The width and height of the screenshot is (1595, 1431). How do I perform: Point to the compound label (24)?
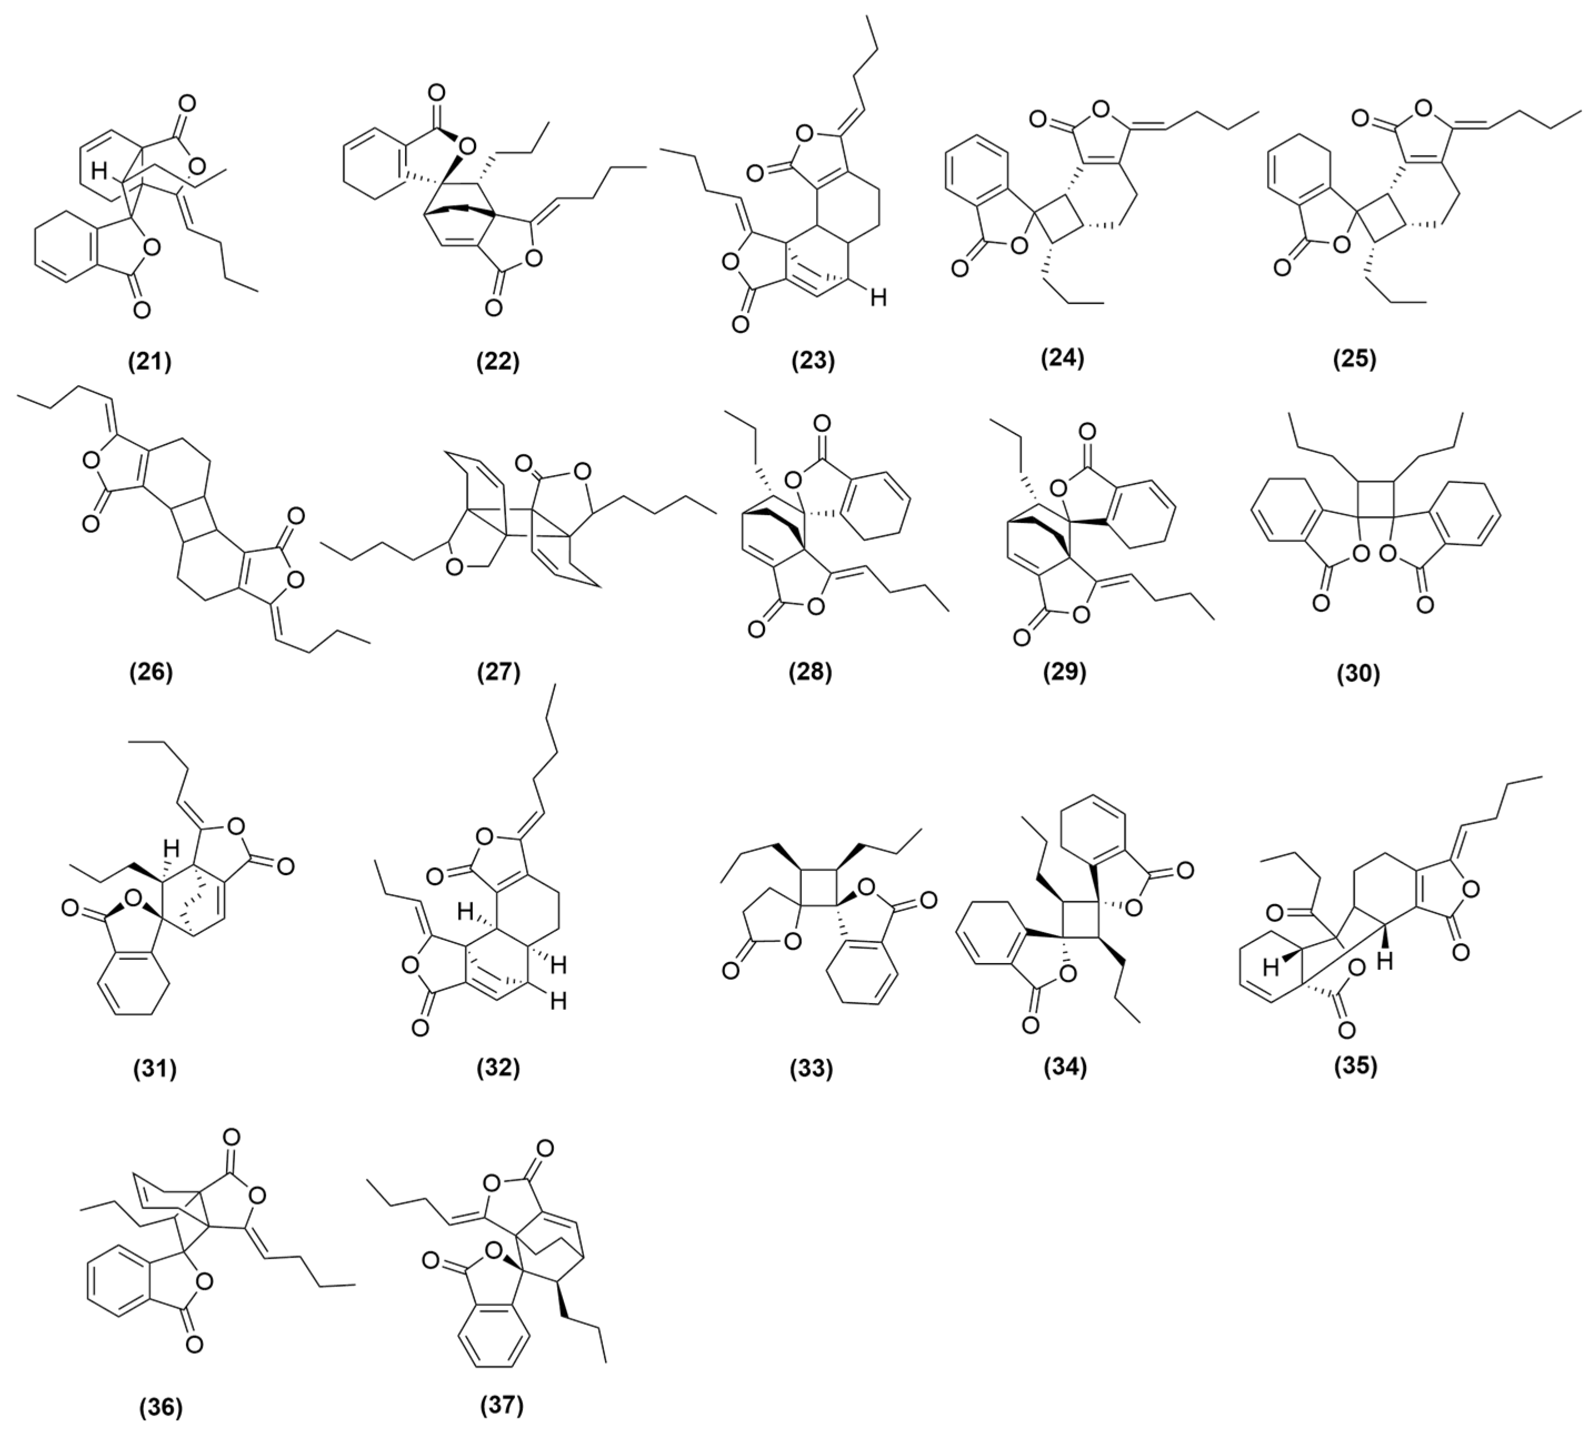1062,358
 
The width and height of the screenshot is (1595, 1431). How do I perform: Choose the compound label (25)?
1355,358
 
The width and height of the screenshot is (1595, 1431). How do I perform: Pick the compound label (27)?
498,672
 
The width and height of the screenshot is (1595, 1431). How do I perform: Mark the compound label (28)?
811,672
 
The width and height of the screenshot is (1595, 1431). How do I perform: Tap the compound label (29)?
1063,672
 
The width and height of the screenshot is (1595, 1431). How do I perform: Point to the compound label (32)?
498,1067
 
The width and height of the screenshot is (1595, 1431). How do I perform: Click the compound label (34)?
1063,1067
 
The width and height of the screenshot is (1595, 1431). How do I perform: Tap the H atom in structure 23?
878,297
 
